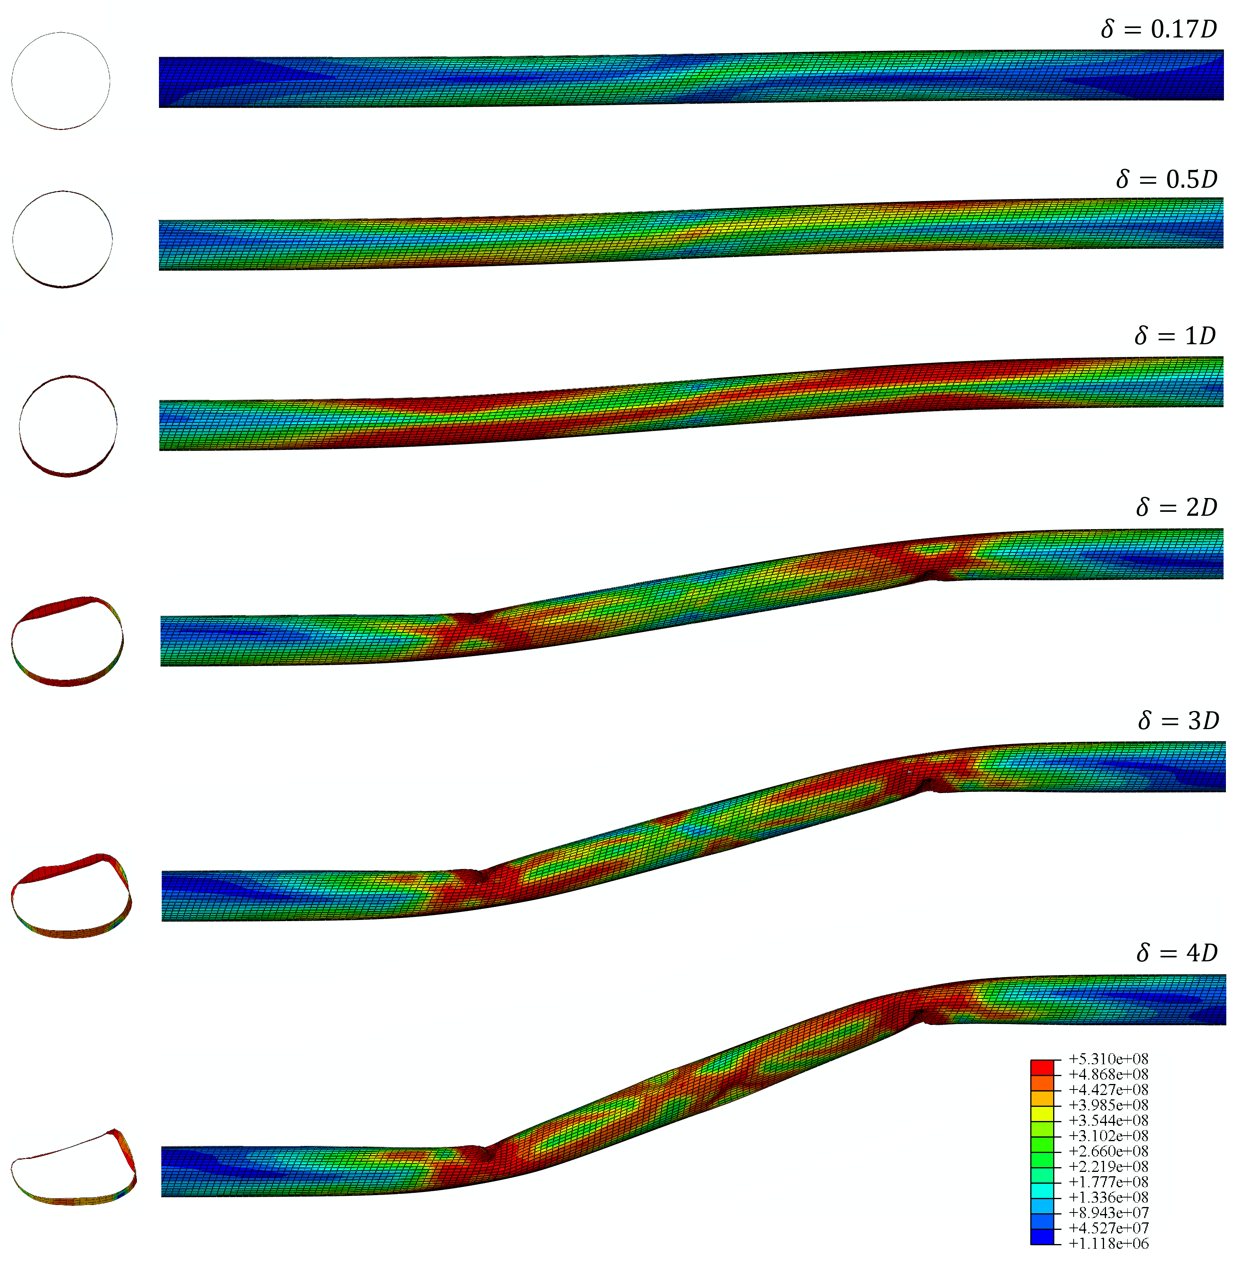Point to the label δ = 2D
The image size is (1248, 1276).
(x=1177, y=507)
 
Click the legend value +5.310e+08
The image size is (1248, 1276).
(x=1108, y=1058)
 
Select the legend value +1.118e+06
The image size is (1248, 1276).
(x=1108, y=1243)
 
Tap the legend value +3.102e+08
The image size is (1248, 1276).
(x=1108, y=1136)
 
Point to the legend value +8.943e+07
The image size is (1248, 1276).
(x=1108, y=1213)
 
